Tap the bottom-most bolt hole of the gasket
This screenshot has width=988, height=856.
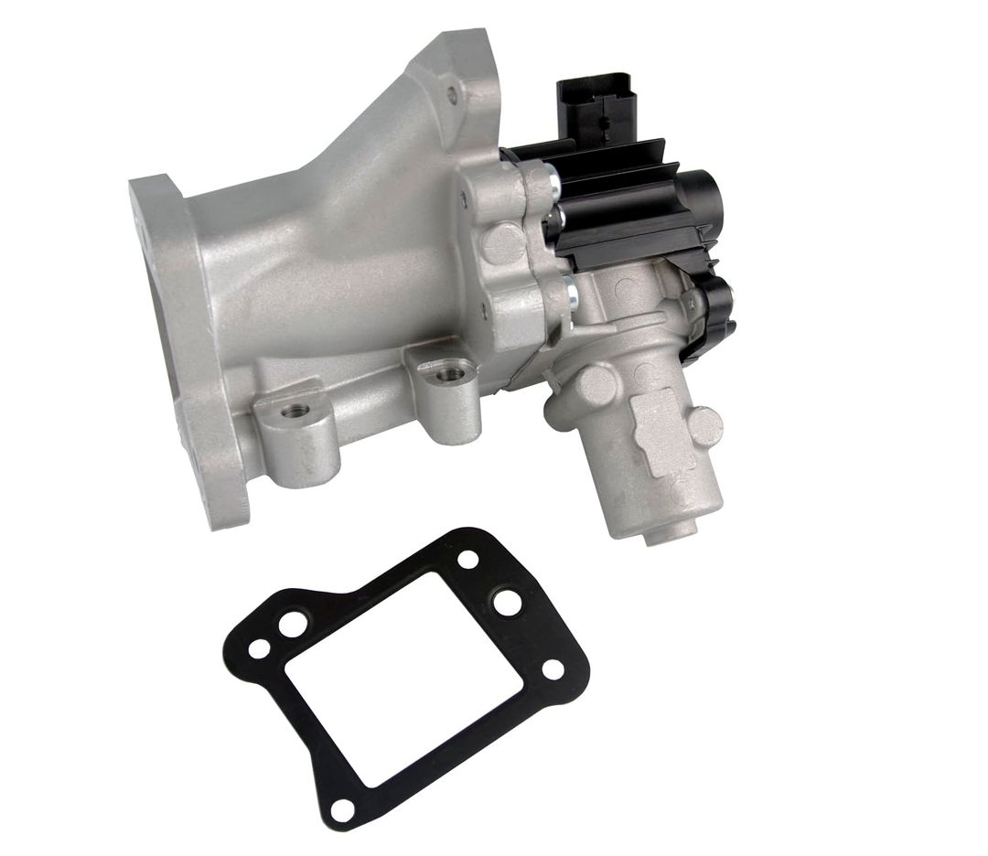pyautogui.click(x=341, y=808)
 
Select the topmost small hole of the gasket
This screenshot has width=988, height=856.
pyautogui.click(x=468, y=559)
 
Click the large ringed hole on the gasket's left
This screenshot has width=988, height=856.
pyautogui.click(x=293, y=624)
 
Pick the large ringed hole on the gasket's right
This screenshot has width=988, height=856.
pyautogui.click(x=505, y=602)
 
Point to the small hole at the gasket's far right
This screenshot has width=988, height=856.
pyautogui.click(x=553, y=669)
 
